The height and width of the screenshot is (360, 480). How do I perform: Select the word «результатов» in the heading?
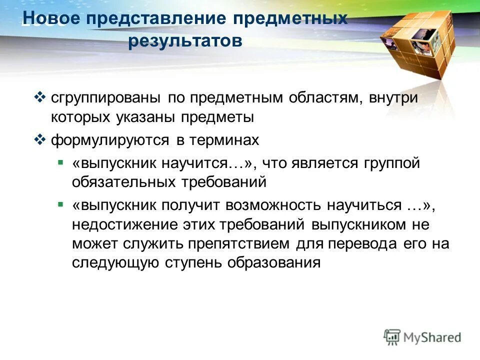185,41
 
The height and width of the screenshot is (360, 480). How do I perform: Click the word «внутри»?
393,97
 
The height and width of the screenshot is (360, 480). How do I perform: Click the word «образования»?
273,262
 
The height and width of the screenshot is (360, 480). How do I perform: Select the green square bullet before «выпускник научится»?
60,162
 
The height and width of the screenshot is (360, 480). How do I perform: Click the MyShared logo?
422,337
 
